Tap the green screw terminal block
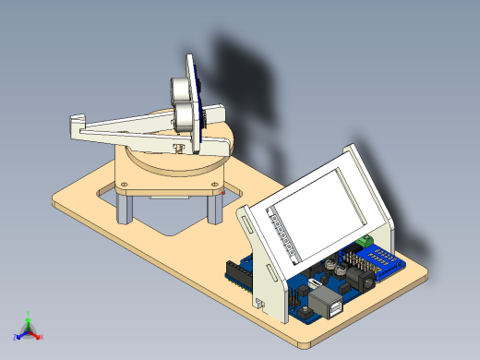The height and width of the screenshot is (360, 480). click(366, 242)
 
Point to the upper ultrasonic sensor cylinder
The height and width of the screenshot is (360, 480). click(178, 87)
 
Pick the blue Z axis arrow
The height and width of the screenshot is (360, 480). click(18, 334)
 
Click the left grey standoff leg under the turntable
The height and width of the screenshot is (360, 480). click(123, 205)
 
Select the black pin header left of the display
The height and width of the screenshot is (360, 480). click(238, 273)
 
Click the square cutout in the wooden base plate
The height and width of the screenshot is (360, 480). click(171, 218)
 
